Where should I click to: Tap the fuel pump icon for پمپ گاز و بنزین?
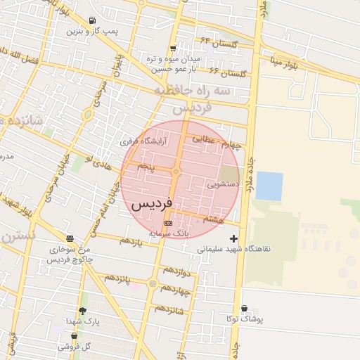click(x=94, y=21)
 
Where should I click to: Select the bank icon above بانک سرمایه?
click(x=167, y=223)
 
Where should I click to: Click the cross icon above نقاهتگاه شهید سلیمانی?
click(x=234, y=239)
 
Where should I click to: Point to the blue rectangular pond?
click(x=269, y=186)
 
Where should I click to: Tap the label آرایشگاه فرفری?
click(x=150, y=141)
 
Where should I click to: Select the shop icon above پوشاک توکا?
click(x=244, y=308)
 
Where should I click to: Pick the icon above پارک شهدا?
click(x=82, y=311)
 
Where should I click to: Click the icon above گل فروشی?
click(x=74, y=336)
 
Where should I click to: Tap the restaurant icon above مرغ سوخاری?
click(x=69, y=238)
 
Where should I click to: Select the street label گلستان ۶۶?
click(x=224, y=72)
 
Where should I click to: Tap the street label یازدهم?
click(x=131, y=241)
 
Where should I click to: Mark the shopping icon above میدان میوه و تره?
click(x=173, y=48)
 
